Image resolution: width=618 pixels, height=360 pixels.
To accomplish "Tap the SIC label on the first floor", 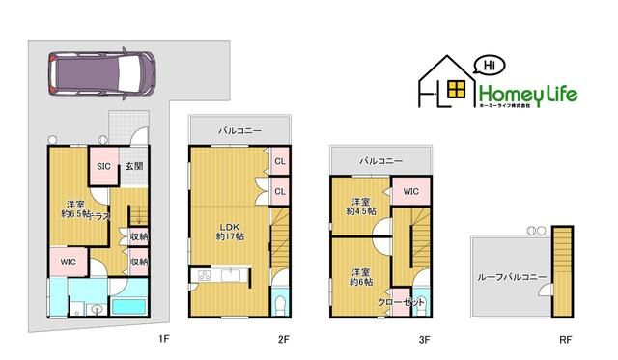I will tap(102, 166).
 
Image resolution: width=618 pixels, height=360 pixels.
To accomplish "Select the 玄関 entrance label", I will tap(133, 166).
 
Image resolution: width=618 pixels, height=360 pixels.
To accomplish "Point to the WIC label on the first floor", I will tap(68, 262).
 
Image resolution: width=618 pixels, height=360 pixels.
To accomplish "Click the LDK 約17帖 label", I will tap(228, 231).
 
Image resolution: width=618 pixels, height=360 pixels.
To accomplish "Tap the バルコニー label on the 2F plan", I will tap(237, 128).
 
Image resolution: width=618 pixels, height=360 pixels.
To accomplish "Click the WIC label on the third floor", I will tap(410, 191).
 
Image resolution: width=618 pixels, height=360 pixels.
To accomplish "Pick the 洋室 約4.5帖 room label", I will tap(362, 205).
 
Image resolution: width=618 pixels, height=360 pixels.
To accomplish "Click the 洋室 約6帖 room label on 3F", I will tap(361, 278).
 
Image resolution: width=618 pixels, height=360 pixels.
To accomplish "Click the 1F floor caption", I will tap(164, 339).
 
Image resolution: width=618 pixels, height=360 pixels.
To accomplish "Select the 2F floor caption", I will tap(283, 339).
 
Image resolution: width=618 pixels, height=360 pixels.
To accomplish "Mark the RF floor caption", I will tap(564, 339).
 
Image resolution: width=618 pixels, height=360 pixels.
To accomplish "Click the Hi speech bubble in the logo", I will tap(488, 66).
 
